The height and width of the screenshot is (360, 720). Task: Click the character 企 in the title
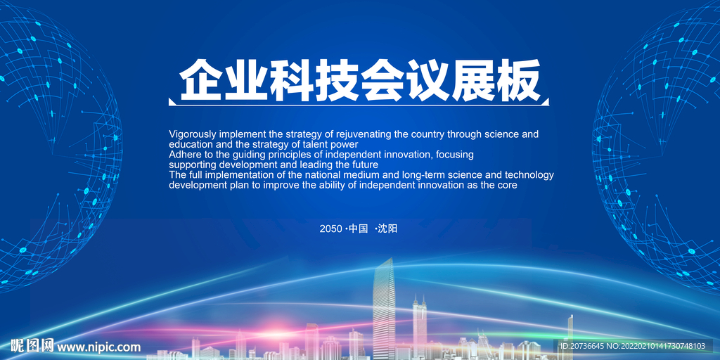[200, 80]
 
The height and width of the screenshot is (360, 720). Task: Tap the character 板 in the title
[518, 80]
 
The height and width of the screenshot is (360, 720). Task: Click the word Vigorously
[193, 135]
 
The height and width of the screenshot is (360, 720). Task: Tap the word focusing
[455, 155]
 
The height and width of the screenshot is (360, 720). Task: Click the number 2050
[330, 229]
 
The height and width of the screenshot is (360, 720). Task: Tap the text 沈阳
[387, 229]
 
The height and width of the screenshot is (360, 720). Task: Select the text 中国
[359, 229]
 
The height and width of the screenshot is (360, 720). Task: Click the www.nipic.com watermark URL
[98, 347]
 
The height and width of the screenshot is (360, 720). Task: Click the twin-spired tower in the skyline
[419, 323]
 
